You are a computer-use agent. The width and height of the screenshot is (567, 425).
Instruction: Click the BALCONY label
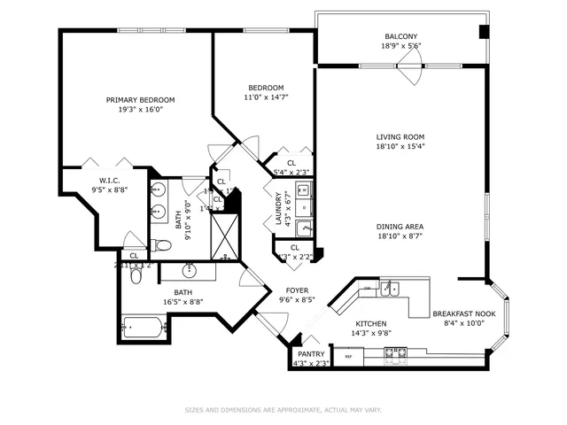[x=400, y=36]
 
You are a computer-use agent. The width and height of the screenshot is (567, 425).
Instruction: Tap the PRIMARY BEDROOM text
[x=140, y=100]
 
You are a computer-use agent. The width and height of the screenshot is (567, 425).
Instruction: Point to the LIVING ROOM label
[x=400, y=137]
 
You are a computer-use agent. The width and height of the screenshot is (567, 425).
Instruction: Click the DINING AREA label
[x=400, y=227]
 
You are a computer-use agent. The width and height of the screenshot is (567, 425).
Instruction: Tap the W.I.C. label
[x=110, y=181]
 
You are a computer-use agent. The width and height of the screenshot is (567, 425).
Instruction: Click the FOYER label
[x=297, y=290]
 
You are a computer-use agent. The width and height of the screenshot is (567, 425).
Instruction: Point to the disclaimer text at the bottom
[x=283, y=410]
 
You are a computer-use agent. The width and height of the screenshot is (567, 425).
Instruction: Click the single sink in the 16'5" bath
[x=189, y=270]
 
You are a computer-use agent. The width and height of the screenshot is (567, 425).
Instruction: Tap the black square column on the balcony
[x=483, y=32]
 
